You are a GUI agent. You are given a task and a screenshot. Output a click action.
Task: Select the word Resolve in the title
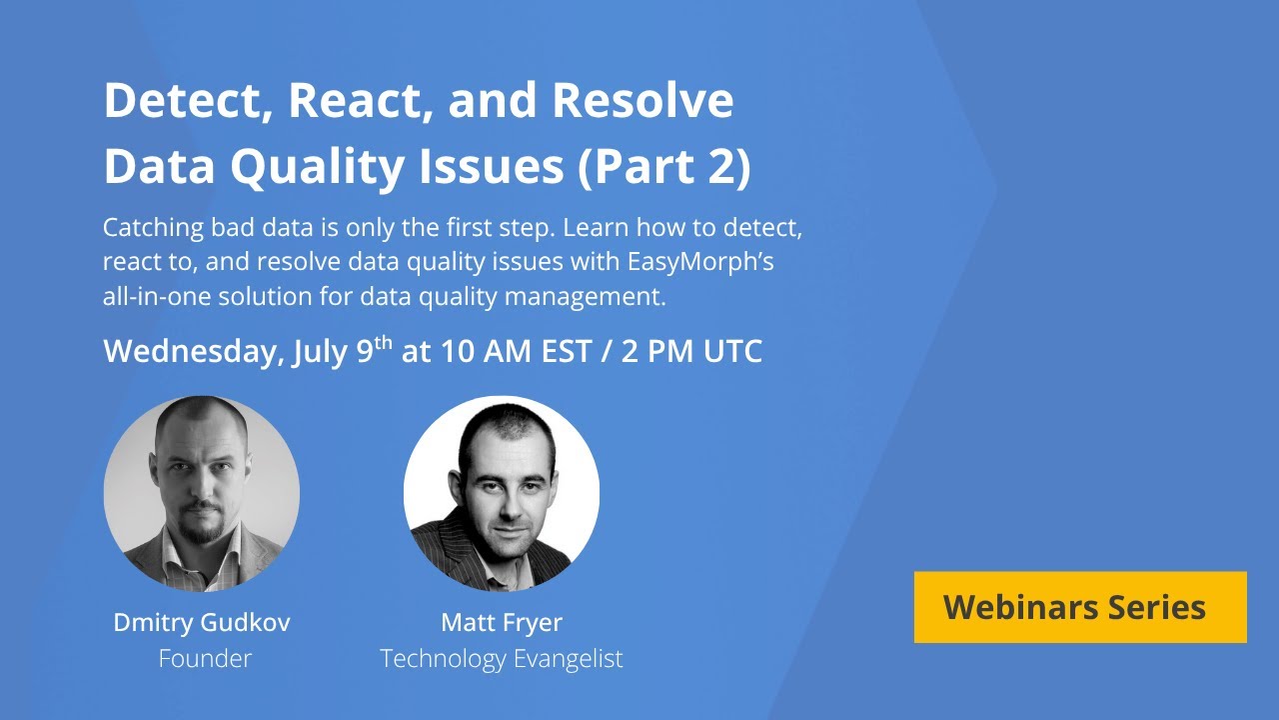pos(642,100)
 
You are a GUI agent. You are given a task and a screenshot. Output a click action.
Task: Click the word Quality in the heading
pos(318,167)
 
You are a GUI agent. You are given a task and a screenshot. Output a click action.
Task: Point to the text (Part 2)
pos(664,167)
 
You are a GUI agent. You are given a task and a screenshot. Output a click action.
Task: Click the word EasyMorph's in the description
pos(700,262)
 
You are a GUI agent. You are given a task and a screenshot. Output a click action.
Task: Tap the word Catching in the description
pos(153,228)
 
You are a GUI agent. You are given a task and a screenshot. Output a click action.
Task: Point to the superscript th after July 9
pos(383,343)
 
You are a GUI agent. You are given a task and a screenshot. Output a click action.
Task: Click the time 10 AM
pos(486,351)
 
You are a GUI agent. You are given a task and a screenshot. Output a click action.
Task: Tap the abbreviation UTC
pos(732,351)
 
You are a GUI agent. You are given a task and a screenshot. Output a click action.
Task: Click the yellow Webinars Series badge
pos(1080,607)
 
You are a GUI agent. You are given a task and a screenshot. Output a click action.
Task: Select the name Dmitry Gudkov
pos(202,622)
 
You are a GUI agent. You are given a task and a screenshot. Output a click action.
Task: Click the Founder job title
pos(205,658)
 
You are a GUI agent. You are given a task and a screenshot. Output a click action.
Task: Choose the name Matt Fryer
pos(502,623)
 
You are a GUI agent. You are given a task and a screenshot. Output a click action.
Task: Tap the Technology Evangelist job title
pos(502,659)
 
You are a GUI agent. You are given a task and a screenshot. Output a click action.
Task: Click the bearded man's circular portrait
pos(202,494)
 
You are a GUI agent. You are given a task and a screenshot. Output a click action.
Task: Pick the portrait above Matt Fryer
pos(502,494)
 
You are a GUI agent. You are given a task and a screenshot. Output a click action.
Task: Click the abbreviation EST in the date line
pos(566,351)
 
